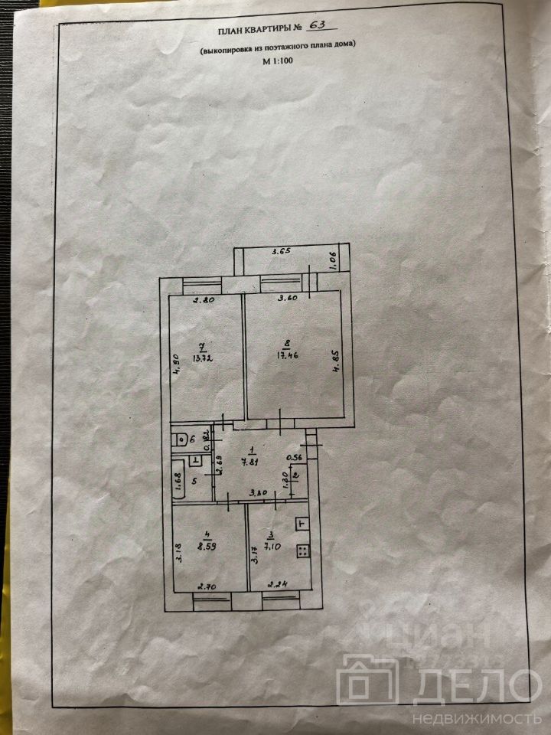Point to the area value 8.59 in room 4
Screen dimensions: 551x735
tap(203, 547)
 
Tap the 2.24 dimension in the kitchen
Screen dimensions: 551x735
tap(275, 587)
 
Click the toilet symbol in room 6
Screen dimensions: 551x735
tap(179, 439)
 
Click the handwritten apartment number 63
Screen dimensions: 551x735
tap(316, 28)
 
